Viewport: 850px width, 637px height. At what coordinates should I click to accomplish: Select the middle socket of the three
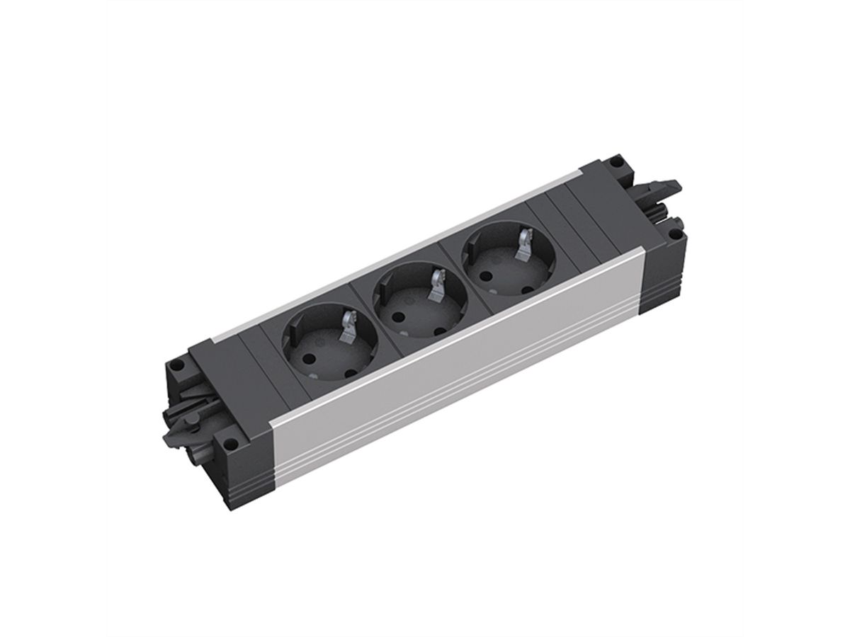tap(409, 299)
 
